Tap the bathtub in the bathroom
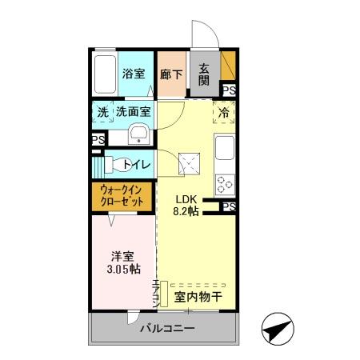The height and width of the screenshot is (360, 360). pos(103,74)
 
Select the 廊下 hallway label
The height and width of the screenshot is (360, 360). pos(170,74)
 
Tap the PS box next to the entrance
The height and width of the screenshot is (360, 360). pos(229,90)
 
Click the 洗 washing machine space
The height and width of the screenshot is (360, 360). pos(102,113)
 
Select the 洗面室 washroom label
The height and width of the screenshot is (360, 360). pos(133,113)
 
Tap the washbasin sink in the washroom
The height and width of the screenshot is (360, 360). pos(138,134)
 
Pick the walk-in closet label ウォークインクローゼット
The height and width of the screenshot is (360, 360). pos(122,197)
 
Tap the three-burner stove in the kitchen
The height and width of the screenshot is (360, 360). pos(225,183)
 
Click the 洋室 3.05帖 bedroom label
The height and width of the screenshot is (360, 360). pos(122,264)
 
